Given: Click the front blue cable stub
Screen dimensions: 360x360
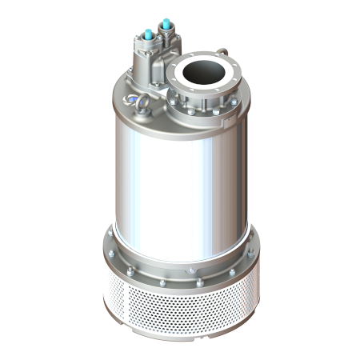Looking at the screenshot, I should click(x=148, y=34).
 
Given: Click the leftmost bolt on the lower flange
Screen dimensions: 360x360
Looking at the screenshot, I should click(x=114, y=257).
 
